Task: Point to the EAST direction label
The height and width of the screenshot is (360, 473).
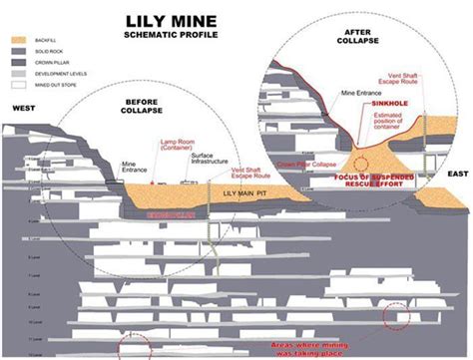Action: [x=457, y=175]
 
